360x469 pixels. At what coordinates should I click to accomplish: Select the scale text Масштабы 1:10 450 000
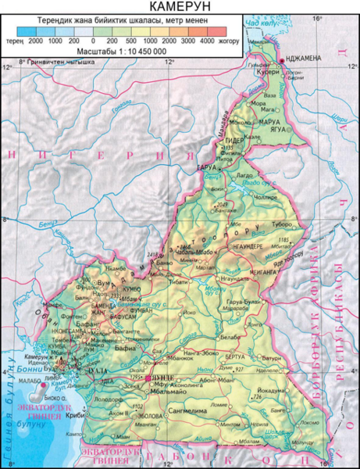[123, 50]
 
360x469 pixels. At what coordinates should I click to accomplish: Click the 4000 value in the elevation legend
[207, 38]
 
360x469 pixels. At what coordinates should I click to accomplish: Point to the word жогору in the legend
[228, 38]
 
